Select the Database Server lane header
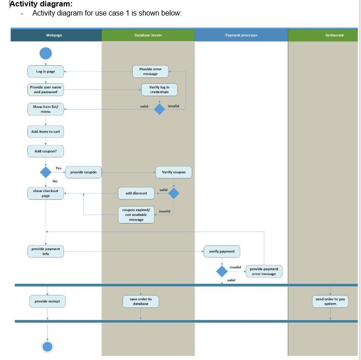coord(148,35)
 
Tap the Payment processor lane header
coord(241,35)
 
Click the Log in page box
coord(45,72)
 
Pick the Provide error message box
coord(150,71)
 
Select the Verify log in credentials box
coord(159,89)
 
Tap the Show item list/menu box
coord(45,109)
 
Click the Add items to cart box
coord(45,132)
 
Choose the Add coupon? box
coord(45,151)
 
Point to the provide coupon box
coord(83,172)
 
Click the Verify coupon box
coord(174,172)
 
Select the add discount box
coord(136,193)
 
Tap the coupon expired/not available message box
coord(136,215)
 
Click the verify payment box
coord(222,252)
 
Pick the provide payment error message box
coord(264,271)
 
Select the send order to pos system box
coord(330,301)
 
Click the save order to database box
coord(140,301)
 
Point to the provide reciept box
coord(48,301)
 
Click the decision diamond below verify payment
coord(222,271)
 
